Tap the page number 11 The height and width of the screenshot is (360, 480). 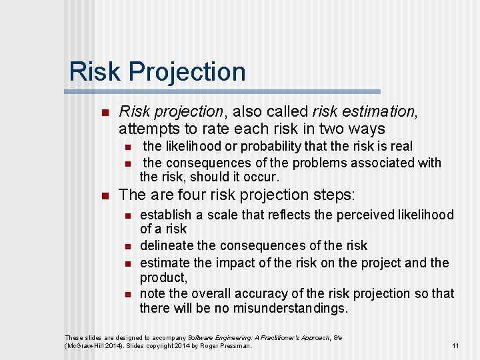(455, 345)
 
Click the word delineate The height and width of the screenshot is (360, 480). (166, 246)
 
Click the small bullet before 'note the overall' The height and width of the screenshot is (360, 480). (129, 294)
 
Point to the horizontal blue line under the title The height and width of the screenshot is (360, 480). (224, 91)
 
